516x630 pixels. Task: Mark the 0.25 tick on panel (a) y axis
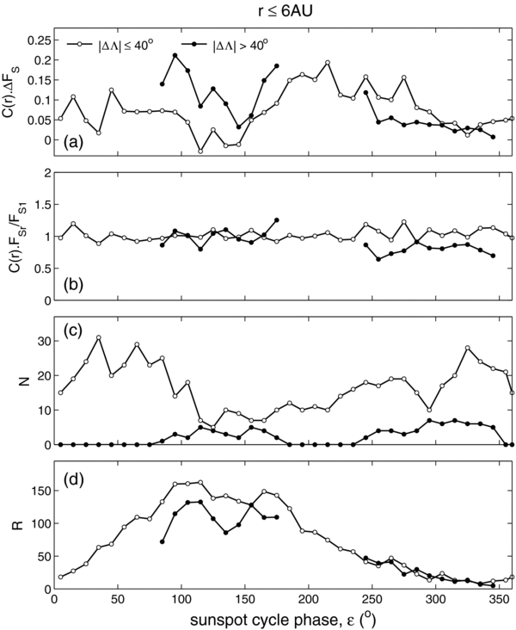point(40,40)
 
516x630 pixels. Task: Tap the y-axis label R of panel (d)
point(13,520)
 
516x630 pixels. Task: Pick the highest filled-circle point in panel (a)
point(175,56)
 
